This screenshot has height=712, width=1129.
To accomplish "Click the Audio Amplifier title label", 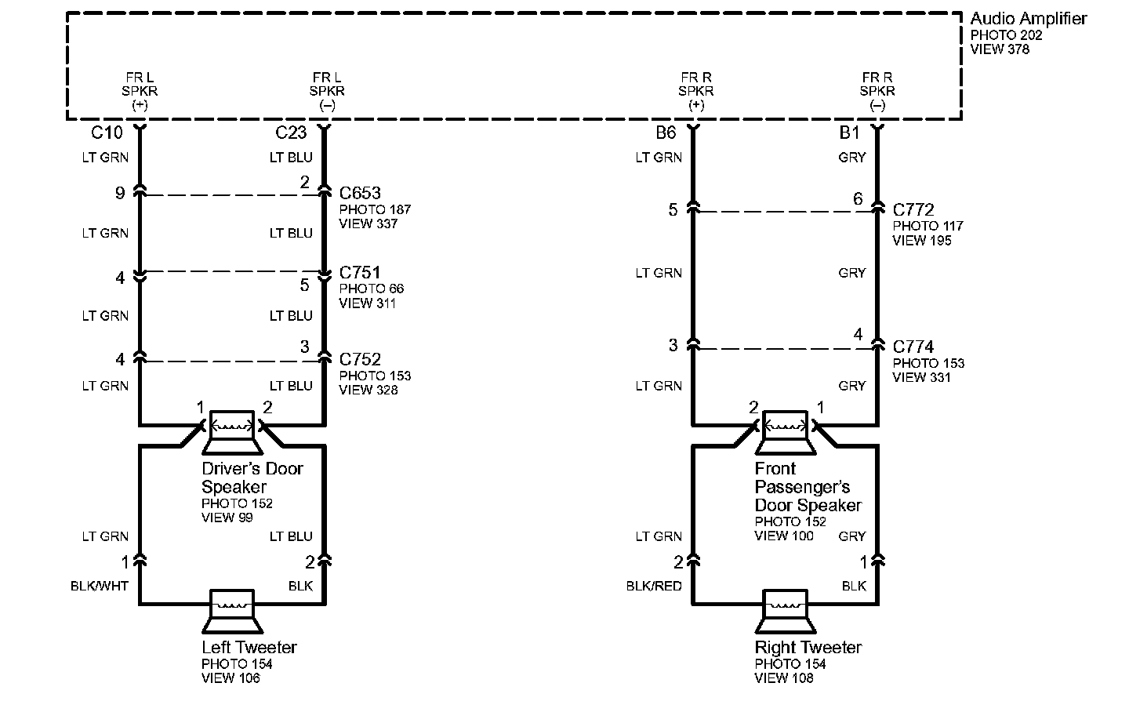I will click(1028, 19).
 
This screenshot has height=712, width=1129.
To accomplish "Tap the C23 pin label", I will click(291, 133).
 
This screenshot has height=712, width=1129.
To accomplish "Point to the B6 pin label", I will click(666, 133).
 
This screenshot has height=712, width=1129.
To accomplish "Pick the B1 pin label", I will click(850, 133).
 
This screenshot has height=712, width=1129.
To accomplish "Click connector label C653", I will click(360, 193).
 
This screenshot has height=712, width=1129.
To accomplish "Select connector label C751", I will click(360, 272).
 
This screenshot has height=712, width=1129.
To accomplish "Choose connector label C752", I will click(360, 359).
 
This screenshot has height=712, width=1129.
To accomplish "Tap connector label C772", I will click(913, 210).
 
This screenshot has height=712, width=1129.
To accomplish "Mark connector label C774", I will click(913, 347).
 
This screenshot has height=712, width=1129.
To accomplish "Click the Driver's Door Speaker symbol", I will click(232, 431).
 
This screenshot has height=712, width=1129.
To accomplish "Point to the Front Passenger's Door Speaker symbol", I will click(785, 431).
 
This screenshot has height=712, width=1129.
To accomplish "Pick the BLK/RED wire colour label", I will click(655, 586).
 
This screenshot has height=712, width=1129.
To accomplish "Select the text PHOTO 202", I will click(1006, 35).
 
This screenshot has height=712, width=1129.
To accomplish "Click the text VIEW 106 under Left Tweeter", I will click(231, 678).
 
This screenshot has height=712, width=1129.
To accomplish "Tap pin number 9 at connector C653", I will click(120, 193).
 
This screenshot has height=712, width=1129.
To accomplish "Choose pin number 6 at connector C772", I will click(858, 199).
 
